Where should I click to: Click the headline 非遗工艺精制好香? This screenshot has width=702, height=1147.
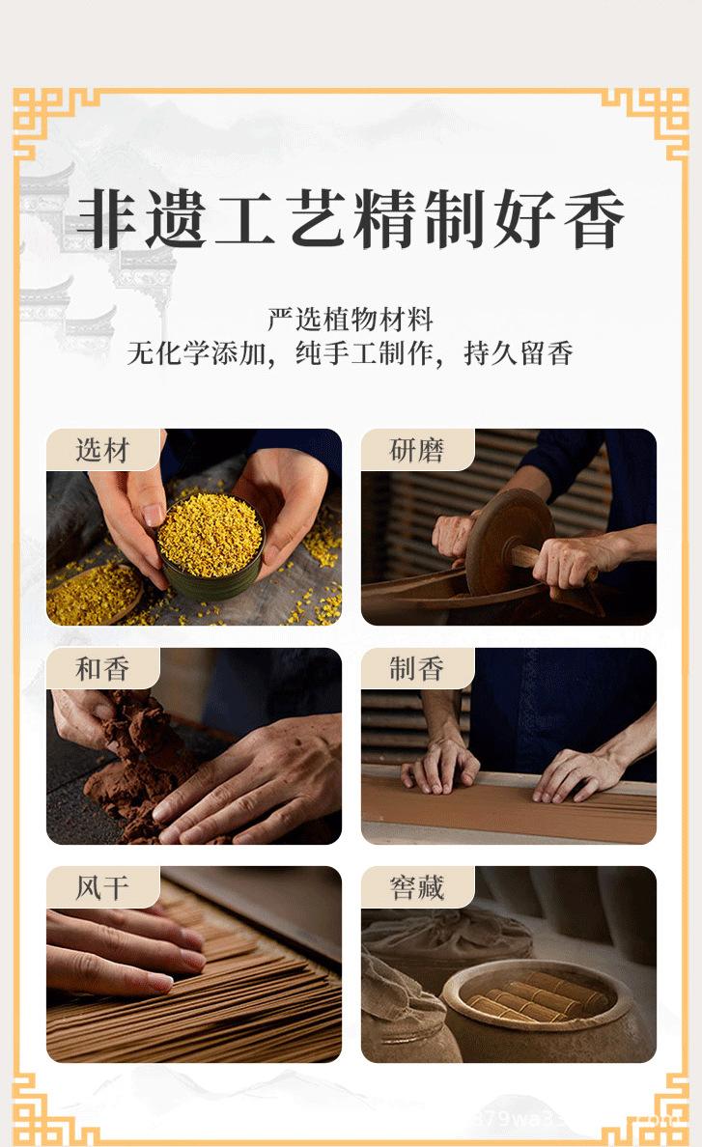(351, 219)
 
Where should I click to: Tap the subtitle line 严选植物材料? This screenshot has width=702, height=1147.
(351, 319)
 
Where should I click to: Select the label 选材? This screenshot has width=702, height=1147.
(102, 450)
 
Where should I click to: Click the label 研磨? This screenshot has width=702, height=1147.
(417, 450)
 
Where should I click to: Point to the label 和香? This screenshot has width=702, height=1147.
(102, 668)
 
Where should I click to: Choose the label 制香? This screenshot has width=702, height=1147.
(417, 668)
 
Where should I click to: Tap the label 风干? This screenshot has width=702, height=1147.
(102, 887)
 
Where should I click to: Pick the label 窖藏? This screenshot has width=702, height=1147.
(417, 887)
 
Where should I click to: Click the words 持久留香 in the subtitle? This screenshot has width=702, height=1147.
(518, 354)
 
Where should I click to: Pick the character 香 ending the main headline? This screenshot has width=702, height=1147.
(594, 219)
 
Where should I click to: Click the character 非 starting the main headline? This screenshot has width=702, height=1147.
(107, 219)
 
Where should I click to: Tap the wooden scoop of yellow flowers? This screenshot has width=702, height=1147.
(94, 594)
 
